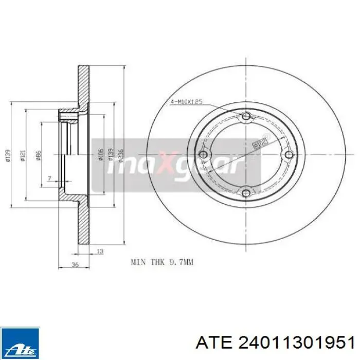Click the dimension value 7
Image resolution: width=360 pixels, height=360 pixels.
49,178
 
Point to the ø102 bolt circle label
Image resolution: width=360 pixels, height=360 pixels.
261,142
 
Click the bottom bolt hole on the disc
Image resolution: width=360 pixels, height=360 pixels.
246,193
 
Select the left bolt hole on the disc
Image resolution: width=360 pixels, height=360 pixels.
204,155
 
